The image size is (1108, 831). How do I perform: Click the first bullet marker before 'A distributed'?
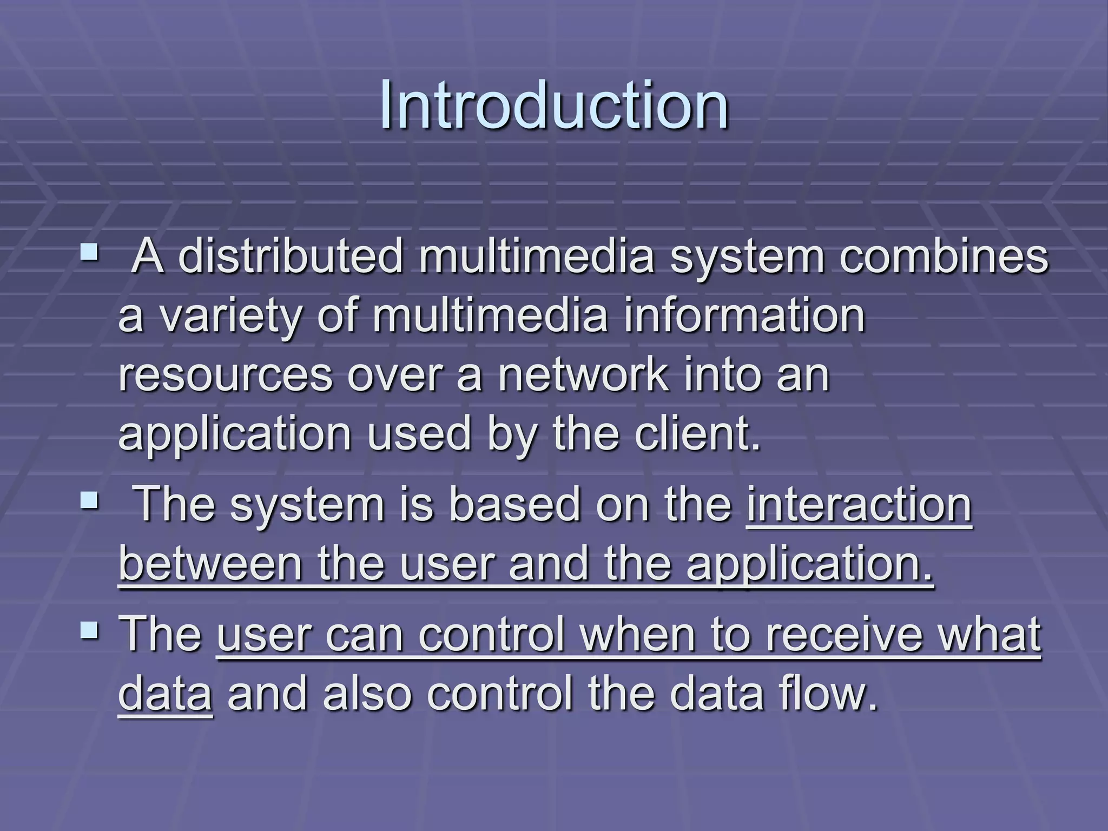(90, 252)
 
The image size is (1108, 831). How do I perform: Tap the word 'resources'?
(225, 376)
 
